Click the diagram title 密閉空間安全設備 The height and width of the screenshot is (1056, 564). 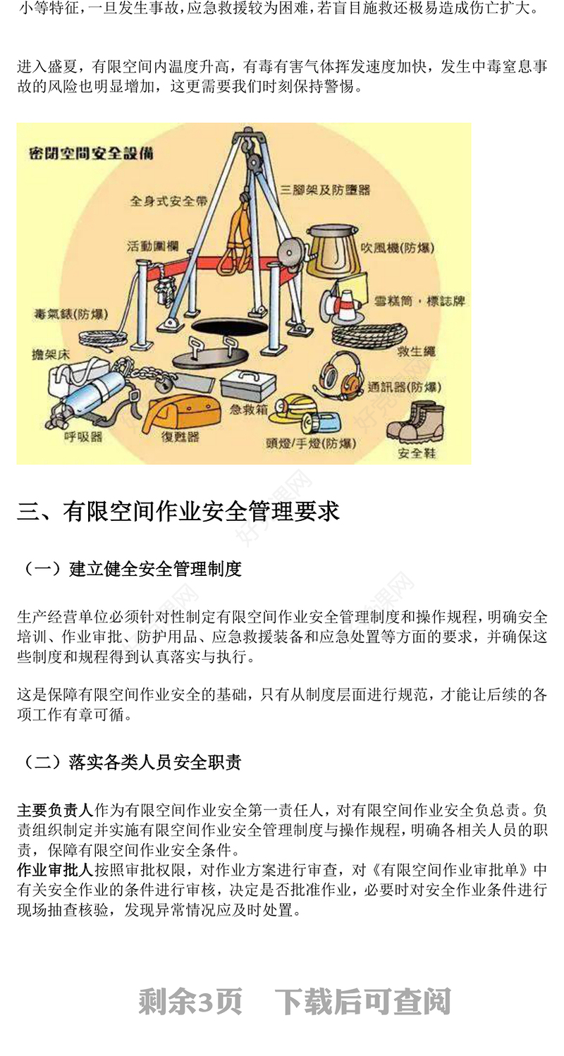click(91, 153)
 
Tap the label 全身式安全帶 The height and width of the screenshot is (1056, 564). click(168, 201)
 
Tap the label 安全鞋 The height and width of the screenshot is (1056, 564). click(417, 453)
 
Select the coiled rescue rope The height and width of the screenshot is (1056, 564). click(369, 334)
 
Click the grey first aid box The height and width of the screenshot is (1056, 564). click(248, 384)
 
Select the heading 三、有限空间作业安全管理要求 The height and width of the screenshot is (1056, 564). click(178, 511)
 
